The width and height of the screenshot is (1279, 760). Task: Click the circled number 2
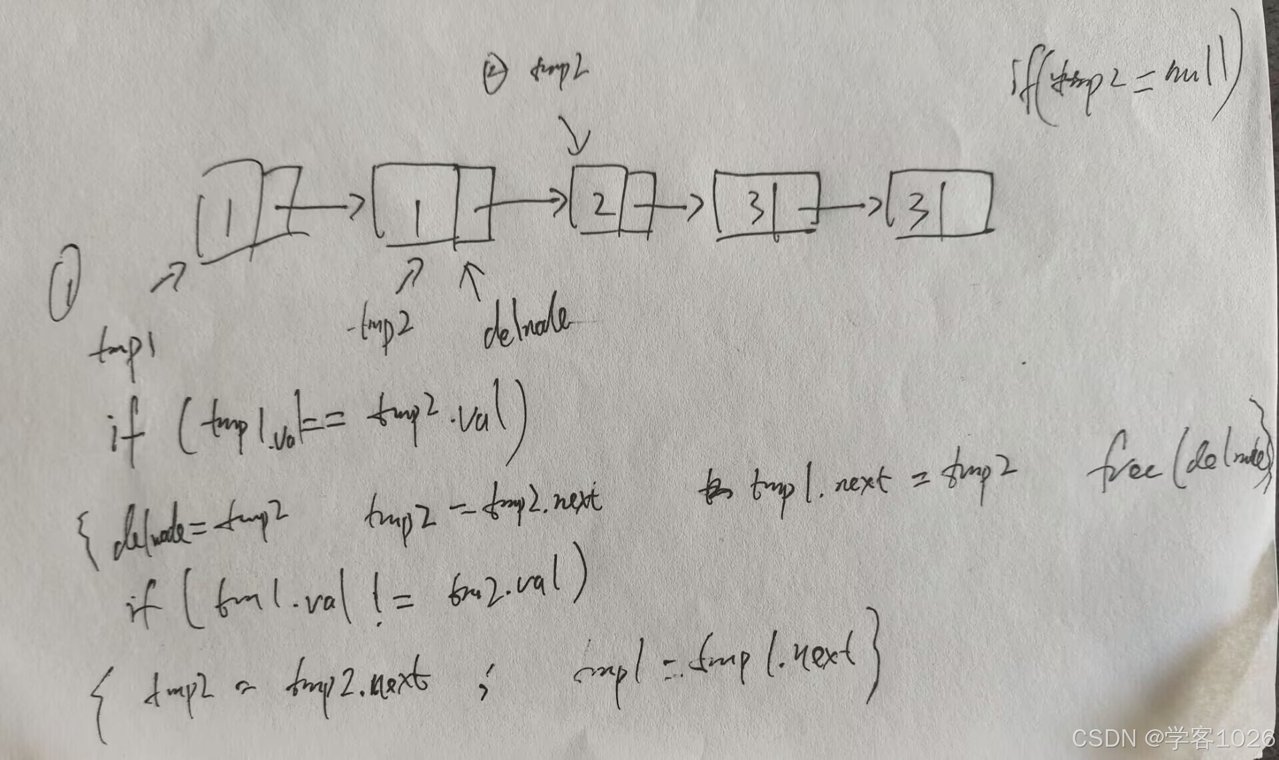pyautogui.click(x=494, y=73)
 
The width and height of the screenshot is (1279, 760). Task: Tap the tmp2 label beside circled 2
pyautogui.click(x=558, y=71)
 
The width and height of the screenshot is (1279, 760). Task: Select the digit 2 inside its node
pyautogui.click(x=602, y=202)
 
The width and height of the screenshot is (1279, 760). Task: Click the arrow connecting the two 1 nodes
pyautogui.click(x=320, y=206)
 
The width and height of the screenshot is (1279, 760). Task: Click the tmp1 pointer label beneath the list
pyautogui.click(x=124, y=349)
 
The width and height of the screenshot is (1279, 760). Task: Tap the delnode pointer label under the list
pyautogui.click(x=526, y=326)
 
